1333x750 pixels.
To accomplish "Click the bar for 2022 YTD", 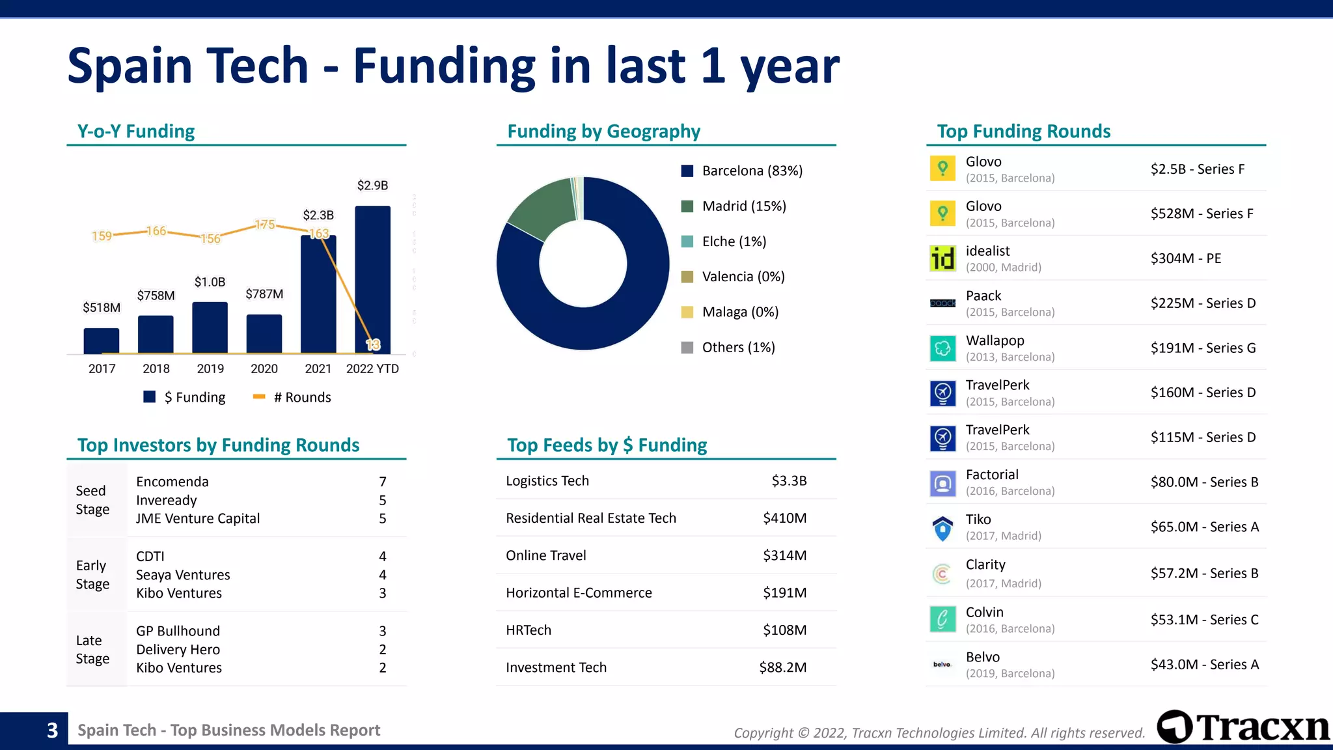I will tap(372, 280).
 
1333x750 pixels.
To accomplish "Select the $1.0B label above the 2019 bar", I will tap(210, 282).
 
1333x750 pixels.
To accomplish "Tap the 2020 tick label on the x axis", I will tap(264, 368).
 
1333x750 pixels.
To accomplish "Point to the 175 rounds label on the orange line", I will tap(264, 225).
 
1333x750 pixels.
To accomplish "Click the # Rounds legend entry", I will tap(292, 397).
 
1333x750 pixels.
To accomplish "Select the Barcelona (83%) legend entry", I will tap(742, 171).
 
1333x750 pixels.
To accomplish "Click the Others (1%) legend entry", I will tap(728, 347).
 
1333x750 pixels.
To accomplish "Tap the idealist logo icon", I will tap(942, 258).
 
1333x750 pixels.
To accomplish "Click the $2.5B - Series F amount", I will tap(1197, 169).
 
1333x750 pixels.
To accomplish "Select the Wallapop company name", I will tap(995, 340).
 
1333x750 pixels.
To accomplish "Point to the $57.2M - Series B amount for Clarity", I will tap(1204, 573).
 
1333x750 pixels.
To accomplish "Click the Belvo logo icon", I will tap(942, 664).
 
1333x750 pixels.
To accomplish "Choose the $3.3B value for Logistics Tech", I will tap(789, 480).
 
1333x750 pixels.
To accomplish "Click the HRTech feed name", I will tap(528, 630).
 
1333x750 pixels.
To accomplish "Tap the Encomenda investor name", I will tap(172, 482).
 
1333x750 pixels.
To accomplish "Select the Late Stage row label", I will tap(92, 649).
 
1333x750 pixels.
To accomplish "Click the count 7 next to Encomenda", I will tap(383, 482).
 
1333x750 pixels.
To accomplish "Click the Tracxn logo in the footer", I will tap(1243, 727).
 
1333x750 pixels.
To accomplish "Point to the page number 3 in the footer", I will tap(52, 730).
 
